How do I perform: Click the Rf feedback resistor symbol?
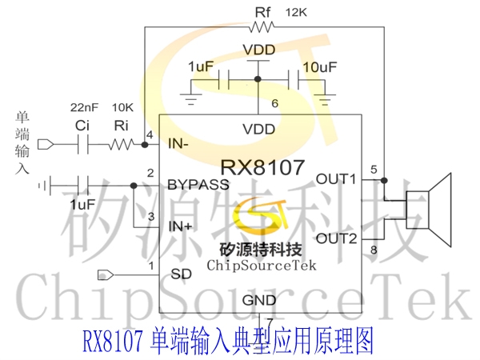262,27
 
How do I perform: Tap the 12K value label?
296,13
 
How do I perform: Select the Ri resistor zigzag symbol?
122,144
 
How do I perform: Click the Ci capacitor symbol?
83,144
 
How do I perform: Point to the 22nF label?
84,107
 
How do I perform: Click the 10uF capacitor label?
320,67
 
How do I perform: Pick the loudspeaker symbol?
429,210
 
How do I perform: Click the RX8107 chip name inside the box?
262,167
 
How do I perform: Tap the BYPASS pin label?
198,185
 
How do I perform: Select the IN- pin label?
178,143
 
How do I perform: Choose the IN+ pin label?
180,226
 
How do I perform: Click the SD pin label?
182,274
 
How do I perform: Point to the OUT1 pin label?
336,178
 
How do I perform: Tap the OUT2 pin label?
337,238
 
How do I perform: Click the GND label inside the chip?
259,300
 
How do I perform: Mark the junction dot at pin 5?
384,180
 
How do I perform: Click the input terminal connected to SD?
106,275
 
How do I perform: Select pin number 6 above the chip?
275,103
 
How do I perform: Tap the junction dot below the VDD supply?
258,79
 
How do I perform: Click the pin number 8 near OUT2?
374,250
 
